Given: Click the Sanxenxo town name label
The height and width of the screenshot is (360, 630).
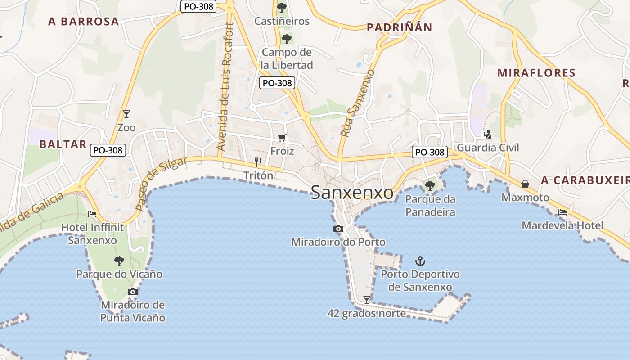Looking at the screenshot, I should tap(352, 193).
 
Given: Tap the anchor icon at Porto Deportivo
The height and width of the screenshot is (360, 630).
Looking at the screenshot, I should tap(420, 261).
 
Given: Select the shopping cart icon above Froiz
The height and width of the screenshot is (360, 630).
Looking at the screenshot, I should tap(282, 138).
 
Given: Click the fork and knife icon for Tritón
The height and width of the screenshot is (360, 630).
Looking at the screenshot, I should tap(258, 162).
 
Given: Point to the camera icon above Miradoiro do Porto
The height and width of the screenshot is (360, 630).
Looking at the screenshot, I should tap(338, 229).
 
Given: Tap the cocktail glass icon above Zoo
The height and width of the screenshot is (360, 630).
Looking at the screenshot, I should tap(126, 114).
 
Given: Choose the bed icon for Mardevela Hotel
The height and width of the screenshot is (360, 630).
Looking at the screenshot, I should tap(562, 212).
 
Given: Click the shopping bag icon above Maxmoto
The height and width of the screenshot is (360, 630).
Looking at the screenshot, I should tap(525, 184).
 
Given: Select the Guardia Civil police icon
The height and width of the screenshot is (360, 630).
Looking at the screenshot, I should tap(487, 134).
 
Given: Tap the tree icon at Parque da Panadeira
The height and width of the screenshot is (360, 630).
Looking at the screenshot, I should tap(430, 185).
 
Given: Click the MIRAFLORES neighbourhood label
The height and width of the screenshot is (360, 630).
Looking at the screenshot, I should tap(536, 73).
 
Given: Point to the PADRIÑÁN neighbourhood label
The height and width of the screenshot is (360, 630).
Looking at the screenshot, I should tap(399, 28).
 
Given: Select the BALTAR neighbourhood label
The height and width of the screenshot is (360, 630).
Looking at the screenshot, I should tap(63, 144).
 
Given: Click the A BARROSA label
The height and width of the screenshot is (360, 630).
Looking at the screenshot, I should tap(84, 22).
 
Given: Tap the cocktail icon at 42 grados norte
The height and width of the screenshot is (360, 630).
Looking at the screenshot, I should tap(367, 300).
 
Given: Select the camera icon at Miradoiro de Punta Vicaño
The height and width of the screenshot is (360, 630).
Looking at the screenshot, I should tap(132, 292).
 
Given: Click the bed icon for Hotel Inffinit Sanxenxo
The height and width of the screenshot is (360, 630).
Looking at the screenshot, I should tap(92, 214).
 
